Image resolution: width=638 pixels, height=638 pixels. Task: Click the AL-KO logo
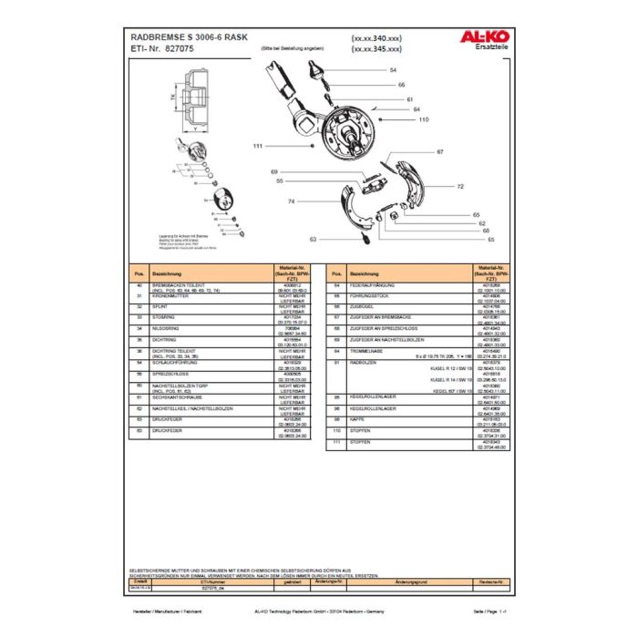pyautogui.click(x=480, y=37)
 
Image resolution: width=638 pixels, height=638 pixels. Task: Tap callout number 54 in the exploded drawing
pyautogui.click(x=393, y=70)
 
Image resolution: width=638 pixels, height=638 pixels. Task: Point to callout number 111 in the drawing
pyautogui.click(x=258, y=146)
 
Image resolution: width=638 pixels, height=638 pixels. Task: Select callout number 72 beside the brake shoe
pyautogui.click(x=460, y=186)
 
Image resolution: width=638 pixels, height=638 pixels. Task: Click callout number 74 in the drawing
pyautogui.click(x=291, y=201)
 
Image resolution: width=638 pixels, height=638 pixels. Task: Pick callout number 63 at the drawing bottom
pyautogui.click(x=313, y=239)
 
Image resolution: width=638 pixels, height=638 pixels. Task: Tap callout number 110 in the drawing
pyautogui.click(x=424, y=119)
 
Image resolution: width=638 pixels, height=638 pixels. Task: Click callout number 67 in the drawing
pyautogui.click(x=440, y=151)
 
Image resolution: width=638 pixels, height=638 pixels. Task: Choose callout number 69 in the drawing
pyautogui.click(x=273, y=171)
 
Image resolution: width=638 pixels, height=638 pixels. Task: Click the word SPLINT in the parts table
pyautogui.click(x=163, y=306)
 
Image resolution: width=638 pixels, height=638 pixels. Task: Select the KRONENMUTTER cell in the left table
pyautogui.click(x=173, y=296)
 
